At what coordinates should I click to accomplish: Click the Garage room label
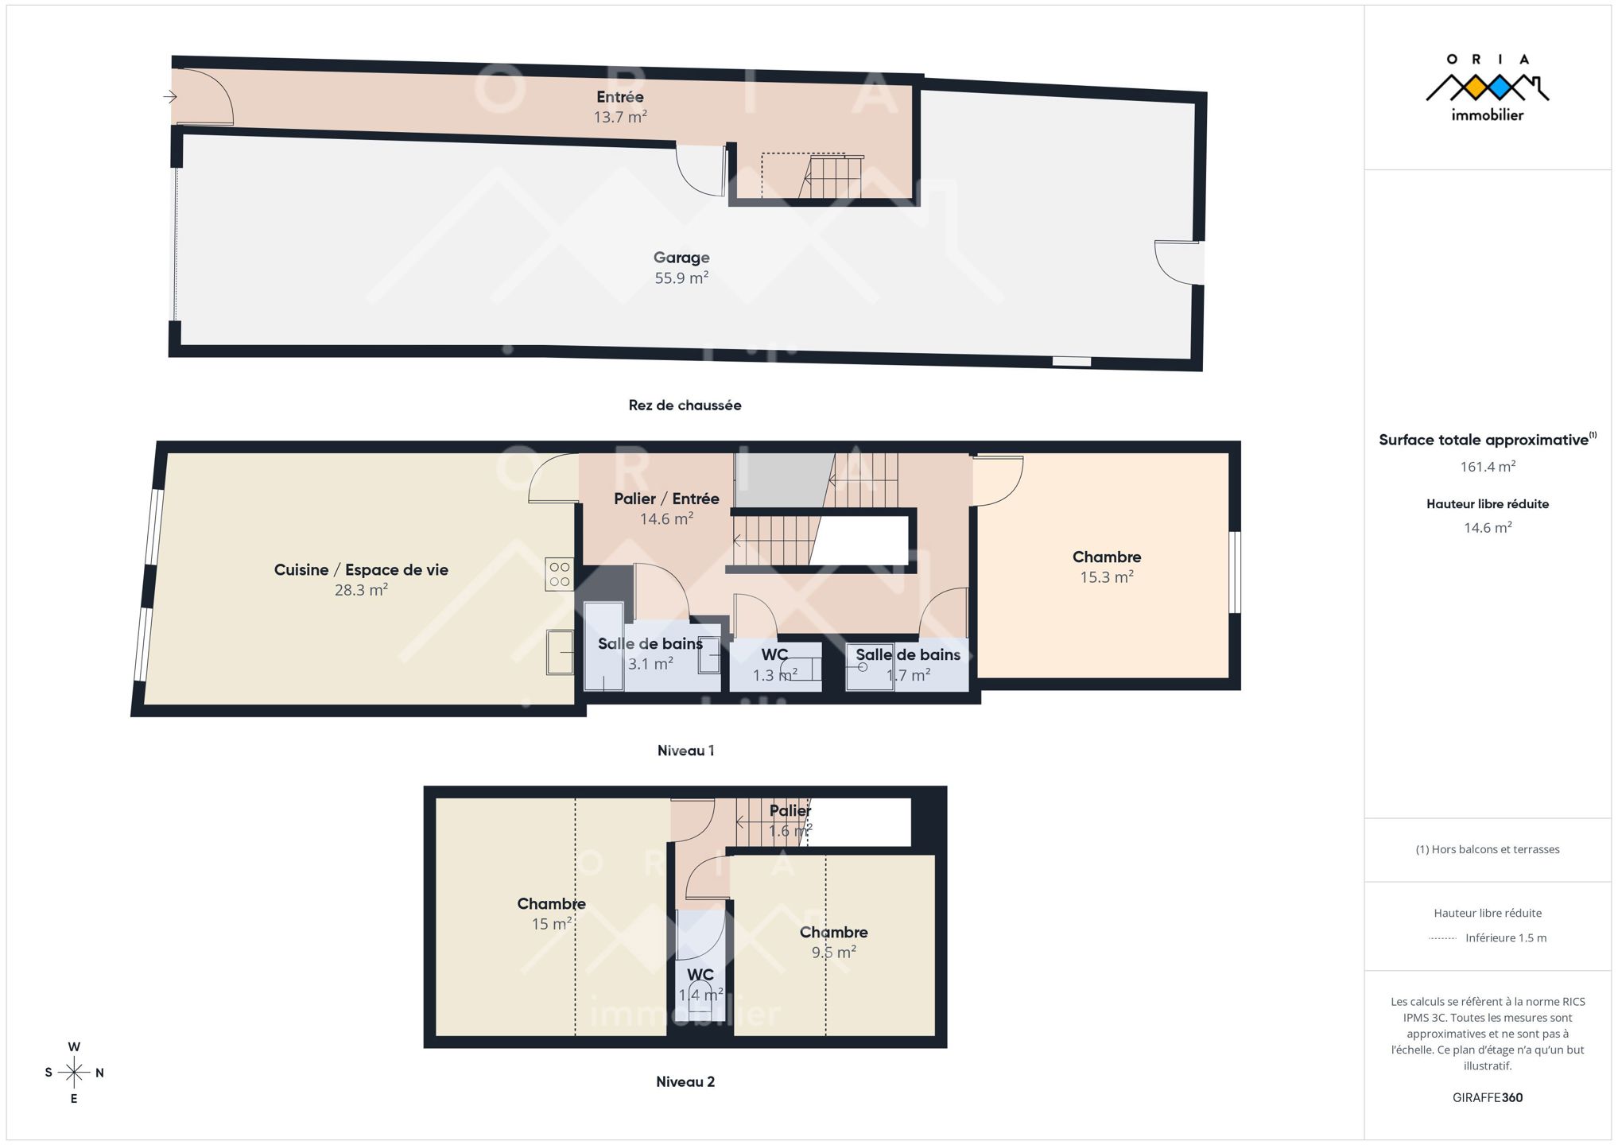[x=681, y=258]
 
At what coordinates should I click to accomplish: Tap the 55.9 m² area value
[x=681, y=278]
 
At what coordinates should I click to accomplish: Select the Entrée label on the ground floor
[x=620, y=97]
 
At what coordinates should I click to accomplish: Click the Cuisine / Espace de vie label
[x=361, y=569]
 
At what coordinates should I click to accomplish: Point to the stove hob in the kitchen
[x=559, y=574]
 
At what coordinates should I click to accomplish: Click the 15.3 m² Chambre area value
[x=1107, y=577]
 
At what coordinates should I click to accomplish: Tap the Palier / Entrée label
[x=666, y=499]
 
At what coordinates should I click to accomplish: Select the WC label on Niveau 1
[x=774, y=654]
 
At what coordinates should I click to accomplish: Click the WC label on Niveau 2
[x=700, y=974]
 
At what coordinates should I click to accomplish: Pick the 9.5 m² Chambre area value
[x=833, y=952]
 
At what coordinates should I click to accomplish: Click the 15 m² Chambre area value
[x=552, y=923]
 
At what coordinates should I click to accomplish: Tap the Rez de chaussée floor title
[x=685, y=405]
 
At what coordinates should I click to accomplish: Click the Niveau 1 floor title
[x=685, y=750]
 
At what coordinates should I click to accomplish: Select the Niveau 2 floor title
[x=685, y=1081]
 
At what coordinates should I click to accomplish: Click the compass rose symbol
[x=74, y=1073]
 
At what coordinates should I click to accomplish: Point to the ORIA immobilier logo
[x=1488, y=87]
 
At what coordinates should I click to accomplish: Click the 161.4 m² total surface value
[x=1488, y=466]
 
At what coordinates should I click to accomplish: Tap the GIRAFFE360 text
[x=1488, y=1097]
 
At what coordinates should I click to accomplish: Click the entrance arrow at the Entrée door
[x=170, y=97]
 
